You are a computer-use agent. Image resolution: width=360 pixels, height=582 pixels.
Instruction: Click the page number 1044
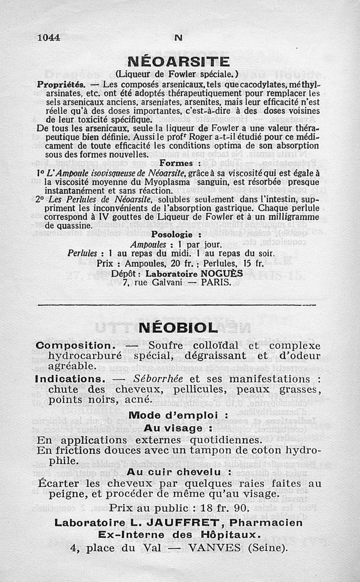[x=49, y=38]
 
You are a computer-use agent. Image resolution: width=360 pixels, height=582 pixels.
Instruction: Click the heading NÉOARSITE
[x=179, y=61]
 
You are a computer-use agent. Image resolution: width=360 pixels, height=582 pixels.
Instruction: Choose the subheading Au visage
[x=178, y=427]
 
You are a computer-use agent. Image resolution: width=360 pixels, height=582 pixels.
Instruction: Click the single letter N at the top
[x=178, y=38]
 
